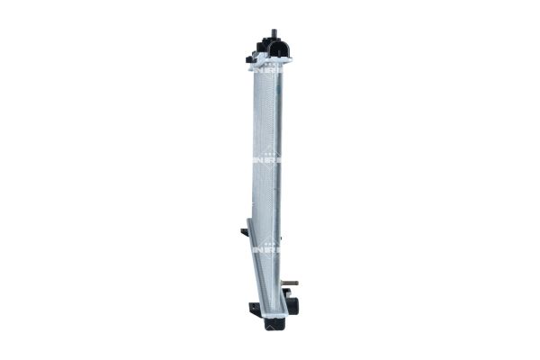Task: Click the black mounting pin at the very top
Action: (274, 34)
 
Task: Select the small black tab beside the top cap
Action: (250, 59)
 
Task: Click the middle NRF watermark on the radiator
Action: (266, 158)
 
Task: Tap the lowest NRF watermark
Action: (266, 249)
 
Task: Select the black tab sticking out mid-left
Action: (244, 232)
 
